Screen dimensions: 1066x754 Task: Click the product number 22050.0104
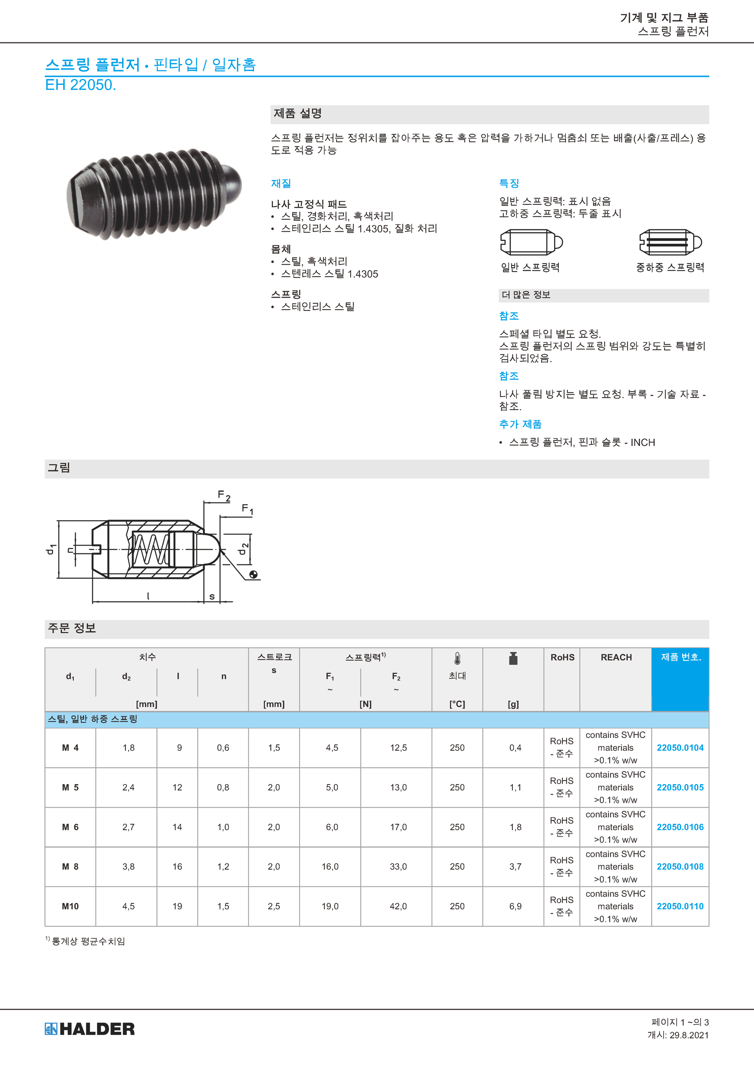(680, 748)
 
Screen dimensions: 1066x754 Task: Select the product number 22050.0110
(680, 906)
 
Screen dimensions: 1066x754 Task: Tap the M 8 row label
(70, 867)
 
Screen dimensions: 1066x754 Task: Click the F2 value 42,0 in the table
(398, 906)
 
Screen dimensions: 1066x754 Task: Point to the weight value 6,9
(515, 906)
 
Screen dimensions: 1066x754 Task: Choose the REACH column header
(616, 657)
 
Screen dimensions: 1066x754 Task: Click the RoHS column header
(562, 657)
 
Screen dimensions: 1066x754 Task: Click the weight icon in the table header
(512, 658)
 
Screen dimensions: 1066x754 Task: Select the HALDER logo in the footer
(90, 1028)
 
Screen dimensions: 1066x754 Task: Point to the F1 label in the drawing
(247, 509)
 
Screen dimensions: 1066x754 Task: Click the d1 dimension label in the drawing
(51, 549)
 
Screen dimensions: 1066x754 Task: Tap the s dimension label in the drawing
(212, 596)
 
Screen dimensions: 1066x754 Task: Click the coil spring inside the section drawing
(150, 549)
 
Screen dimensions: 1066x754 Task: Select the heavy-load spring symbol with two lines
(670, 242)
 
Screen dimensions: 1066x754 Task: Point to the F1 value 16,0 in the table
(330, 867)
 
